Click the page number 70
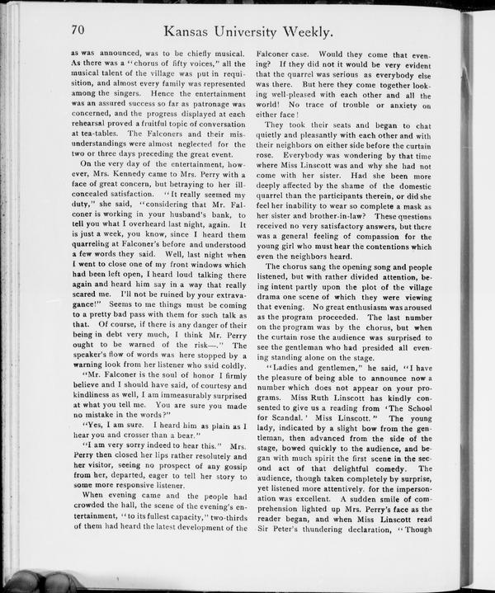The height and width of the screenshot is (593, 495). click(x=79, y=30)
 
